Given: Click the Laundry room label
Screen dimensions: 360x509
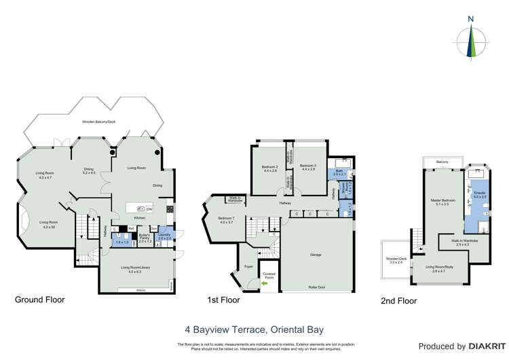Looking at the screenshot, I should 164,236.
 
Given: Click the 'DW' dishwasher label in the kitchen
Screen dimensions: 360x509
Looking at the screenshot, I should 149,208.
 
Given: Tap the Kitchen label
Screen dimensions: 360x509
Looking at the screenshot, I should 139,218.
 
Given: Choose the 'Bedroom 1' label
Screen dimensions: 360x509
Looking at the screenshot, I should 226,220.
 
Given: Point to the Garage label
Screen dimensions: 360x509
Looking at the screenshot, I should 316,255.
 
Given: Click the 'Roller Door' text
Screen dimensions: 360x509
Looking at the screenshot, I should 316,288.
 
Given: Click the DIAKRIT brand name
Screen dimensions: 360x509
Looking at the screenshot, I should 487,346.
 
